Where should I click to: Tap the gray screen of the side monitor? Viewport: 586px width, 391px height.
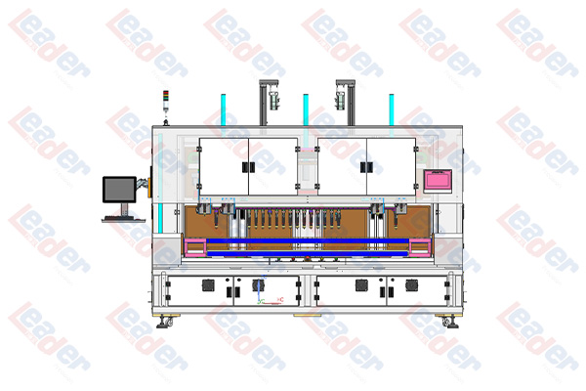pos(119,190)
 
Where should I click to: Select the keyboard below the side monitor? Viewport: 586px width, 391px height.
pos(123,219)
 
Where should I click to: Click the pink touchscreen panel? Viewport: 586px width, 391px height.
pos(438,180)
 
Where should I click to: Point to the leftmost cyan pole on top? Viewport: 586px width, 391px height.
pos(223,110)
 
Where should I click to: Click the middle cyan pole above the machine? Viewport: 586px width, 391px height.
pos(306,110)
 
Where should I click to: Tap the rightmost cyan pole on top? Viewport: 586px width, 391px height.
pos(392,110)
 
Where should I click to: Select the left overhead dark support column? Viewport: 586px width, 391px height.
pos(264,103)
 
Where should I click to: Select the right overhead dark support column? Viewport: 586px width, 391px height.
pos(351,103)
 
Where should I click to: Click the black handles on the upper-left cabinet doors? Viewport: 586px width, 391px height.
pos(248,167)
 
